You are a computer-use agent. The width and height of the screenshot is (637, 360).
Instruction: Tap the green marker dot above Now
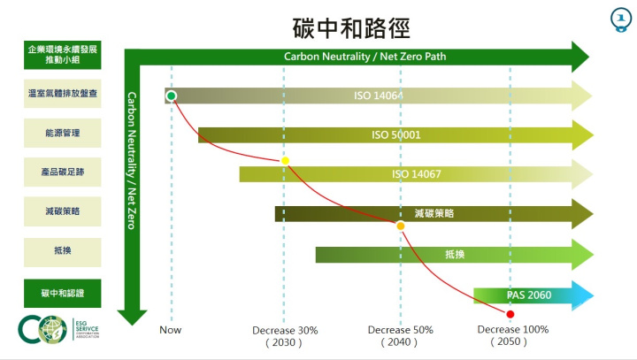pos(171,96)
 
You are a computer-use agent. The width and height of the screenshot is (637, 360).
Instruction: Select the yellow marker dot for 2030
pos(285,161)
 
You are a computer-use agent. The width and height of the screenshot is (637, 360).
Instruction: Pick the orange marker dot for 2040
pos(400,226)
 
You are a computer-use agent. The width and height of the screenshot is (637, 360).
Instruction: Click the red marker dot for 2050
pos(510,314)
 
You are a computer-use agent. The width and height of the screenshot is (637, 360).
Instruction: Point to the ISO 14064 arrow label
pos(378,95)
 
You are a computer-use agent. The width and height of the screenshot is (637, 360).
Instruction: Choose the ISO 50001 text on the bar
pos(395,135)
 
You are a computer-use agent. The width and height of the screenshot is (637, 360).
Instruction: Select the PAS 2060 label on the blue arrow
pos(528,295)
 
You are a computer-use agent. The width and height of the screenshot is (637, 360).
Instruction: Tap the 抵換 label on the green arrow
pos(455,255)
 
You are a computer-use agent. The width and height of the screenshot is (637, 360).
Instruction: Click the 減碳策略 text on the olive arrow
pos(434,213)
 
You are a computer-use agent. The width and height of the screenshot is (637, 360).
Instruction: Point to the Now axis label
pos(171,330)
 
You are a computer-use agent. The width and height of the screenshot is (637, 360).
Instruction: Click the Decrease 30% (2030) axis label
pos(285,335)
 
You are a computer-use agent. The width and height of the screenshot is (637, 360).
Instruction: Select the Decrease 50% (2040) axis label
pos(400,335)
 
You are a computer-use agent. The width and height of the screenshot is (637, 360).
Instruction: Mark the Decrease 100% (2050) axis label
pos(512,335)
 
